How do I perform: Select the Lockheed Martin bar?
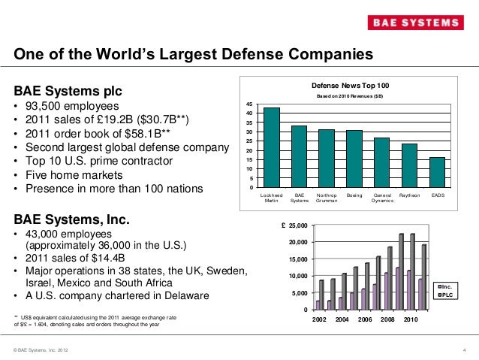[x=271, y=147]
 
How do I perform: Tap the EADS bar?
[x=437, y=172]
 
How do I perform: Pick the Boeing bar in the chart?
[x=354, y=159]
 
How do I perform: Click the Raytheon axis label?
[x=409, y=195]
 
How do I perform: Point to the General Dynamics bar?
[x=381, y=162]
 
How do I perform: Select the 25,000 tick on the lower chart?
[x=296, y=225]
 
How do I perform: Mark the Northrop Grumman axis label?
[x=326, y=198]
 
